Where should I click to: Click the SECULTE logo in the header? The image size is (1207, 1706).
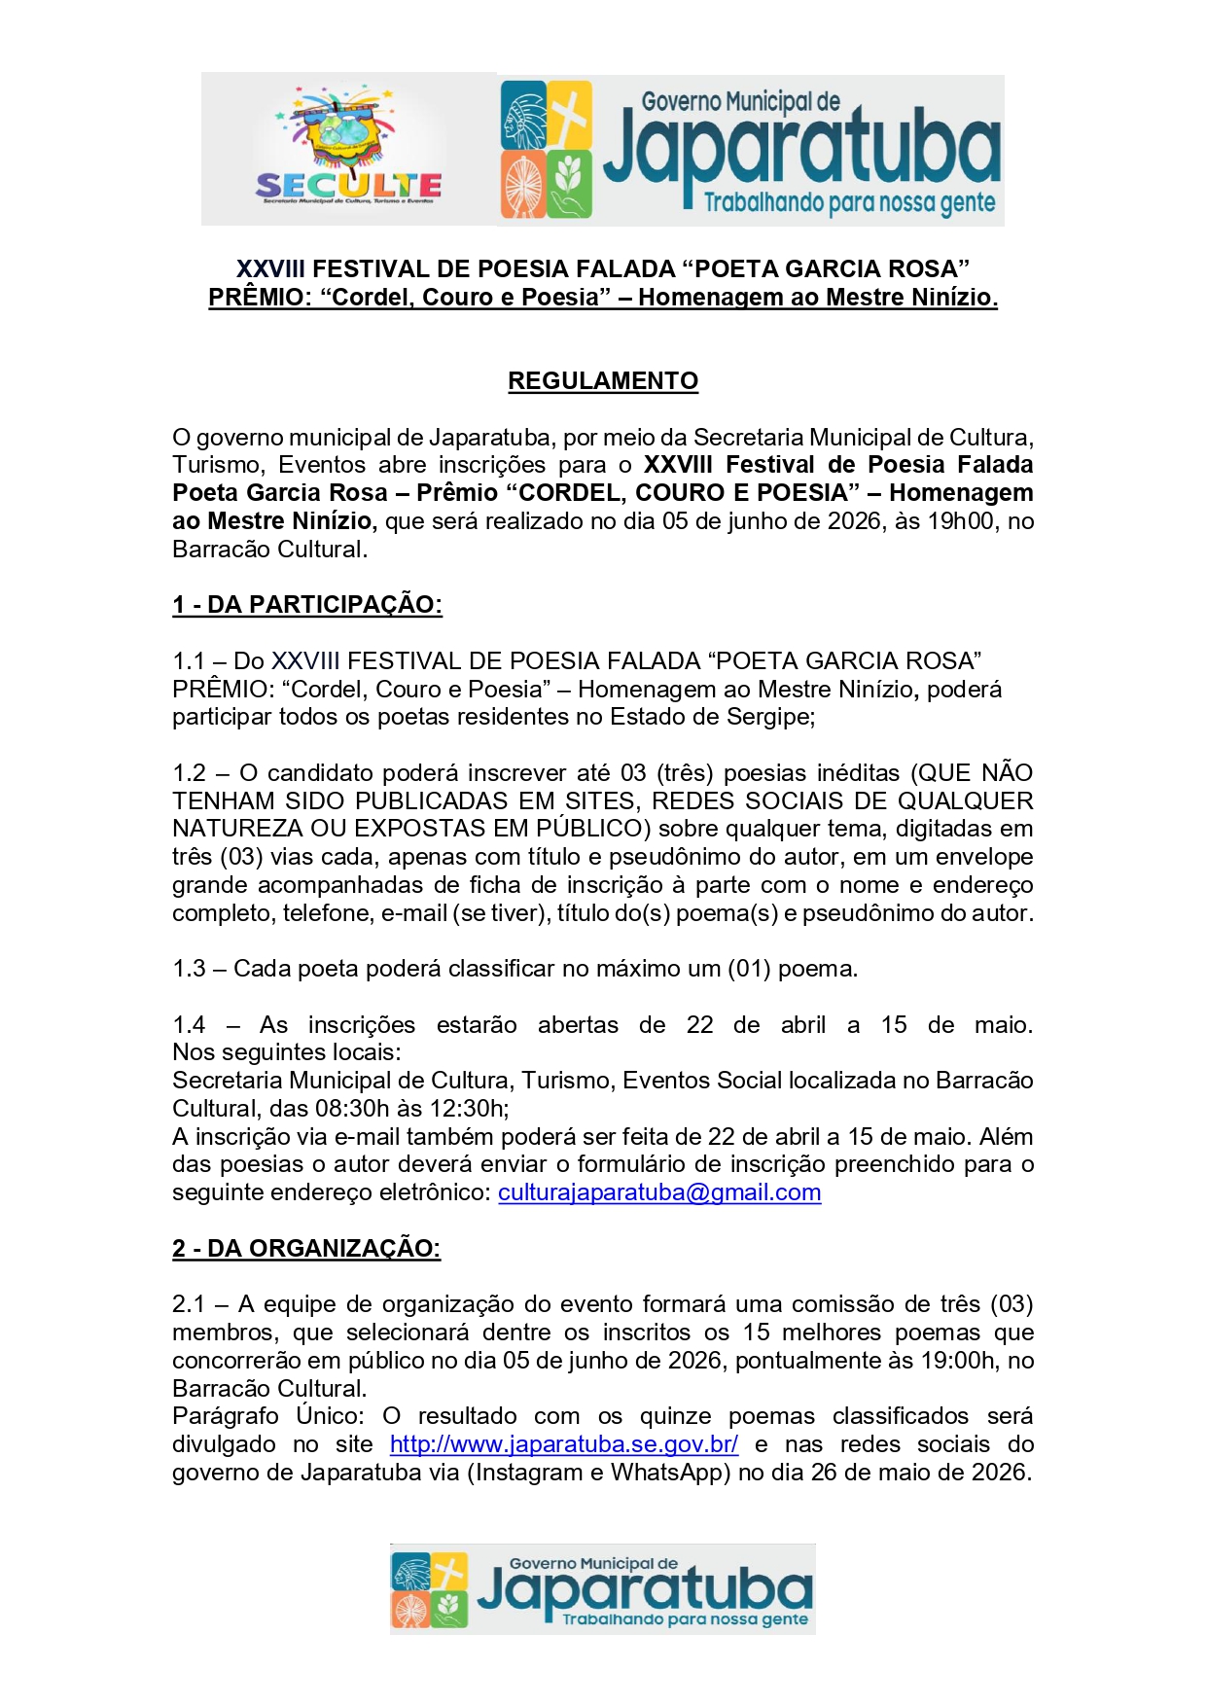tap(348, 149)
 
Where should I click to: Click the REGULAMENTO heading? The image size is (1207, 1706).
tap(603, 380)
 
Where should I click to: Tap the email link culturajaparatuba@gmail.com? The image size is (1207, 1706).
tap(659, 1192)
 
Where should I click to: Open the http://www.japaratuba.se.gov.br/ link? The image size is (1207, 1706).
tap(564, 1444)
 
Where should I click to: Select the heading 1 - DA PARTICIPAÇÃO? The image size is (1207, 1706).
tap(307, 604)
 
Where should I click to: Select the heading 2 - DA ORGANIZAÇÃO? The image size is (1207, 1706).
tap(306, 1248)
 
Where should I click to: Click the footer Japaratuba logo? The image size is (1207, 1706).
tap(602, 1588)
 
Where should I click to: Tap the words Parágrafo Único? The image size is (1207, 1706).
tap(267, 1416)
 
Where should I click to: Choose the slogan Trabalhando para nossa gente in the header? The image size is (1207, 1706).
tap(848, 202)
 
